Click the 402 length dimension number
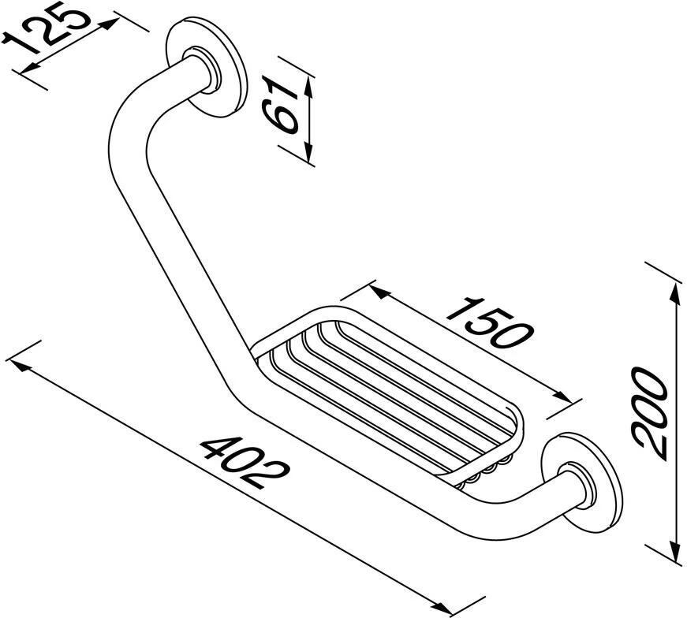pos(245,461)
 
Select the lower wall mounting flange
pos(582,482)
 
